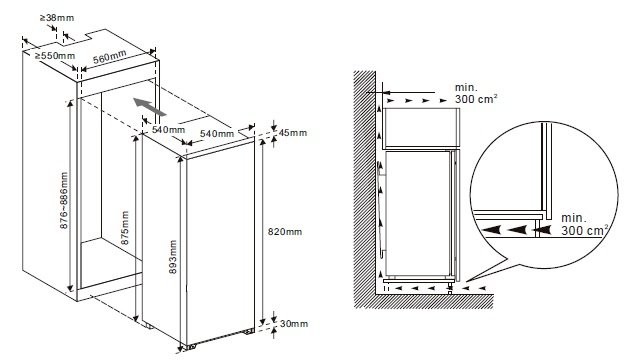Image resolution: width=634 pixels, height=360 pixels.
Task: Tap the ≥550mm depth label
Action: pyautogui.click(x=54, y=56)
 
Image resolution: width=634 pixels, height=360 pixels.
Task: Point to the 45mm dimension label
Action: pyautogui.click(x=295, y=133)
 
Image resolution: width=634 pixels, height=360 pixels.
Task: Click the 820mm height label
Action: pyautogui.click(x=287, y=231)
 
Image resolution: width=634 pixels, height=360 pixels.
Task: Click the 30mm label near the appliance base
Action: pyautogui.click(x=295, y=322)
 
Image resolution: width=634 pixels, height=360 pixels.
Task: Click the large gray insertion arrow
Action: pyautogui.click(x=145, y=104)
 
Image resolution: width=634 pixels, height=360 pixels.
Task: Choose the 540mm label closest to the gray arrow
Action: pyautogui.click(x=167, y=130)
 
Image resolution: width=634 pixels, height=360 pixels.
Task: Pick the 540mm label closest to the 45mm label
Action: pyautogui.click(x=216, y=133)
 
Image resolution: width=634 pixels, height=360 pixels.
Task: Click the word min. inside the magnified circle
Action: pyautogui.click(x=574, y=217)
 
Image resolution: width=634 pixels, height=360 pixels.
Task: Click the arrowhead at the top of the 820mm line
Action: pyautogui.click(x=264, y=143)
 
